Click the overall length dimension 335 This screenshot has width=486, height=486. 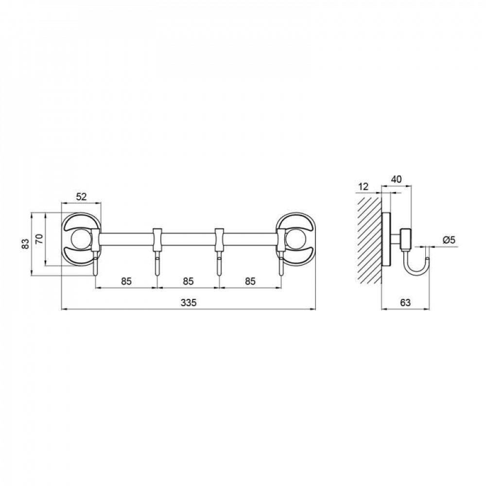pyautogui.click(x=189, y=302)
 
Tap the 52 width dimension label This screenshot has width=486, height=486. pyautogui.click(x=81, y=196)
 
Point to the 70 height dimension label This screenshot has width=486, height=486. pyautogui.click(x=40, y=239)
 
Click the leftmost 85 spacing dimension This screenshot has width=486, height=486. pyautogui.click(x=126, y=281)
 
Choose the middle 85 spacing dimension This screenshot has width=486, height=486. pyautogui.click(x=188, y=281)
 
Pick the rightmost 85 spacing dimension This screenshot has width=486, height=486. pyautogui.click(x=250, y=281)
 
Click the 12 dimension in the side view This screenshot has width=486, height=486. pyautogui.click(x=363, y=187)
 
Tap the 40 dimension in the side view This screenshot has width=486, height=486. pyautogui.click(x=396, y=179)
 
